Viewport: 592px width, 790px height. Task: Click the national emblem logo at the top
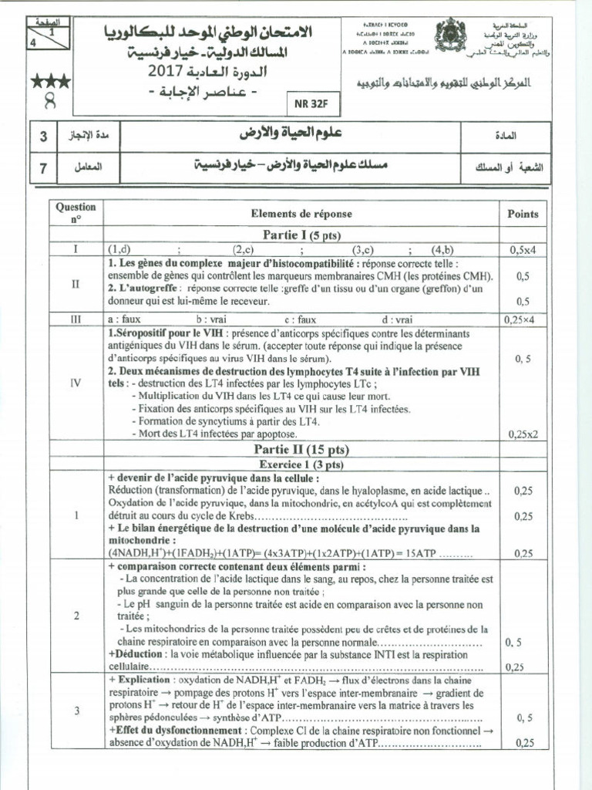(446, 37)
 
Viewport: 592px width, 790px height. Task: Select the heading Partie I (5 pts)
(301, 235)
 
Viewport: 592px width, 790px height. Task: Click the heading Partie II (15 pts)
(301, 449)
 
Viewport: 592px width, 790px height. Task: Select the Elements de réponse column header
(301, 214)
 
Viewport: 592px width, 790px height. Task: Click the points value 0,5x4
(524, 250)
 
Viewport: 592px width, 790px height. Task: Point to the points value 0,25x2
(523, 434)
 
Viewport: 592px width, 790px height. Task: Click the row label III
(76, 319)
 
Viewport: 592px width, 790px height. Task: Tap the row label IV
(76, 382)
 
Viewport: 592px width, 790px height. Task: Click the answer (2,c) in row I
(244, 250)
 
